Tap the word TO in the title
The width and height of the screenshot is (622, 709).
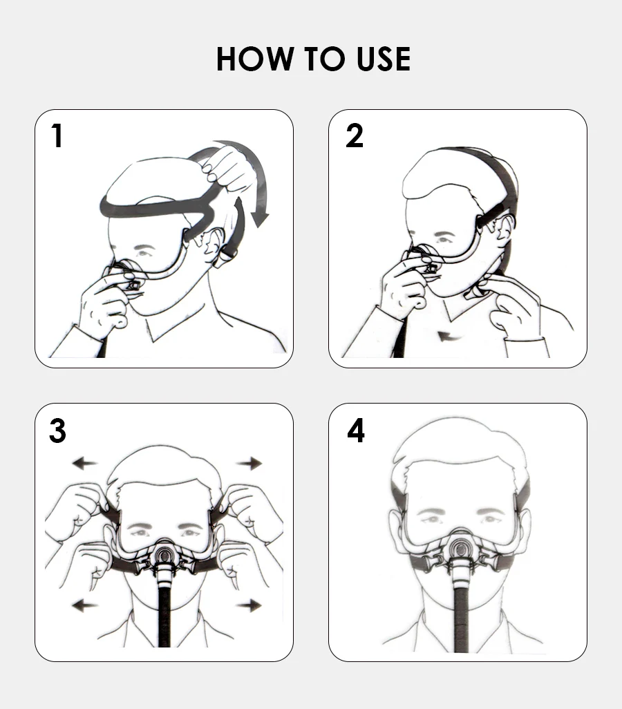pos(324,59)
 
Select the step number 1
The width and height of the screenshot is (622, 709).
pos(57,135)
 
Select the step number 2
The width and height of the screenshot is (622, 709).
pos(355,135)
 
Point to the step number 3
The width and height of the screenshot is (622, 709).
pos(57,431)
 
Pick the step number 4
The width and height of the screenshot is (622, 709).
pos(356,431)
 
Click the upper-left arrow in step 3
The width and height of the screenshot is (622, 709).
pos(85,463)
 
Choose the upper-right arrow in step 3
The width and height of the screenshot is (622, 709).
pos(249,463)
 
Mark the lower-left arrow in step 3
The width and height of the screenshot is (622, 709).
pos(85,605)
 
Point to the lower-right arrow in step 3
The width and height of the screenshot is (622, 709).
pos(249,605)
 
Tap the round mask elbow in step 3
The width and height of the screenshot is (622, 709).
pos(164,554)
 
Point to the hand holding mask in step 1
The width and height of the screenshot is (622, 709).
pos(105,303)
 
